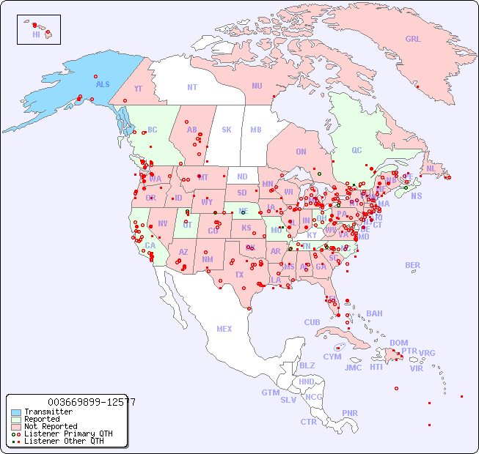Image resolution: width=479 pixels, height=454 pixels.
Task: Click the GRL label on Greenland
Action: click(413, 40)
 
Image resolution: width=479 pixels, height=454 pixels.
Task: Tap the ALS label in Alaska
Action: click(103, 84)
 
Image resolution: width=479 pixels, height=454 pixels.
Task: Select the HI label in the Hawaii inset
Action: click(36, 34)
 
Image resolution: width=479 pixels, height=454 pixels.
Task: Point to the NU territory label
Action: click(257, 86)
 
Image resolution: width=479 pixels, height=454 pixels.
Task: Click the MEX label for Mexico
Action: click(224, 329)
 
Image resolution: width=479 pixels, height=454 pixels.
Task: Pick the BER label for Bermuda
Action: click(413, 265)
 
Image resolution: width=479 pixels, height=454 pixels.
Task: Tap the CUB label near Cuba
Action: click(312, 322)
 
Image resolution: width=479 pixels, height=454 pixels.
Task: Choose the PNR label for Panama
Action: click(350, 413)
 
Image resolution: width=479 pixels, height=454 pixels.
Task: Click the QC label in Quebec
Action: click(356, 150)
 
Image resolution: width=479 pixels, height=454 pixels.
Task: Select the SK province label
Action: click(227, 130)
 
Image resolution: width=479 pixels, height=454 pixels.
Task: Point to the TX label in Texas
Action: click(239, 275)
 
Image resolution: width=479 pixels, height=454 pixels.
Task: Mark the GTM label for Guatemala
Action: click(270, 392)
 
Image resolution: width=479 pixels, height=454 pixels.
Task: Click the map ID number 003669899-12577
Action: click(81, 402)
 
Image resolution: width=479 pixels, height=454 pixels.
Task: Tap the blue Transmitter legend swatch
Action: click(16, 412)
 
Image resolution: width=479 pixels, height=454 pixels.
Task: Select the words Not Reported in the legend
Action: click(51, 426)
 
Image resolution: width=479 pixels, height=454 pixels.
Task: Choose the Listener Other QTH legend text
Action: click(64, 441)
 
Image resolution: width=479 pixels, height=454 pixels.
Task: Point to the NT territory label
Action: click(191, 87)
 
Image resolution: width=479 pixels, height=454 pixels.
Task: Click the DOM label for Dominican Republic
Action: click(398, 343)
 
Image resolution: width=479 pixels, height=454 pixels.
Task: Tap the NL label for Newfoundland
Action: click(431, 168)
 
